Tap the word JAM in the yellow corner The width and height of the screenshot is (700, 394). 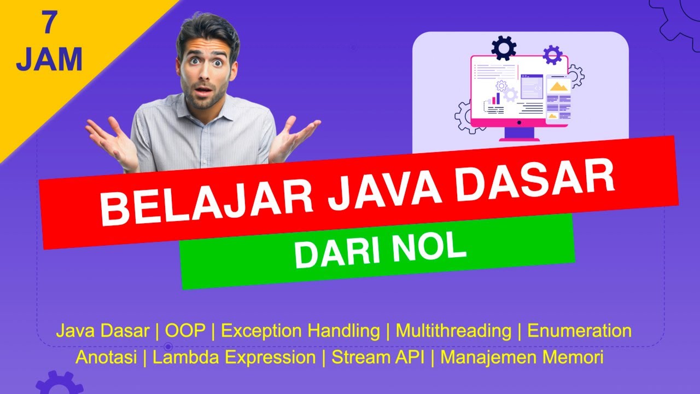pos(49,60)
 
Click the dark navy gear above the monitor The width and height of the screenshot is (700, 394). pos(504,48)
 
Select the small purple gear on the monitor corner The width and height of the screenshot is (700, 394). pos(552,55)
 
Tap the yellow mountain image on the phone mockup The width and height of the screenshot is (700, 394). pos(558,86)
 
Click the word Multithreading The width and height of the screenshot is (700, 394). pos(453,331)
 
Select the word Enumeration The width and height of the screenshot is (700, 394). pos(579,331)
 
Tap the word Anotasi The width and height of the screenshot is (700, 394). pos(109,358)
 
